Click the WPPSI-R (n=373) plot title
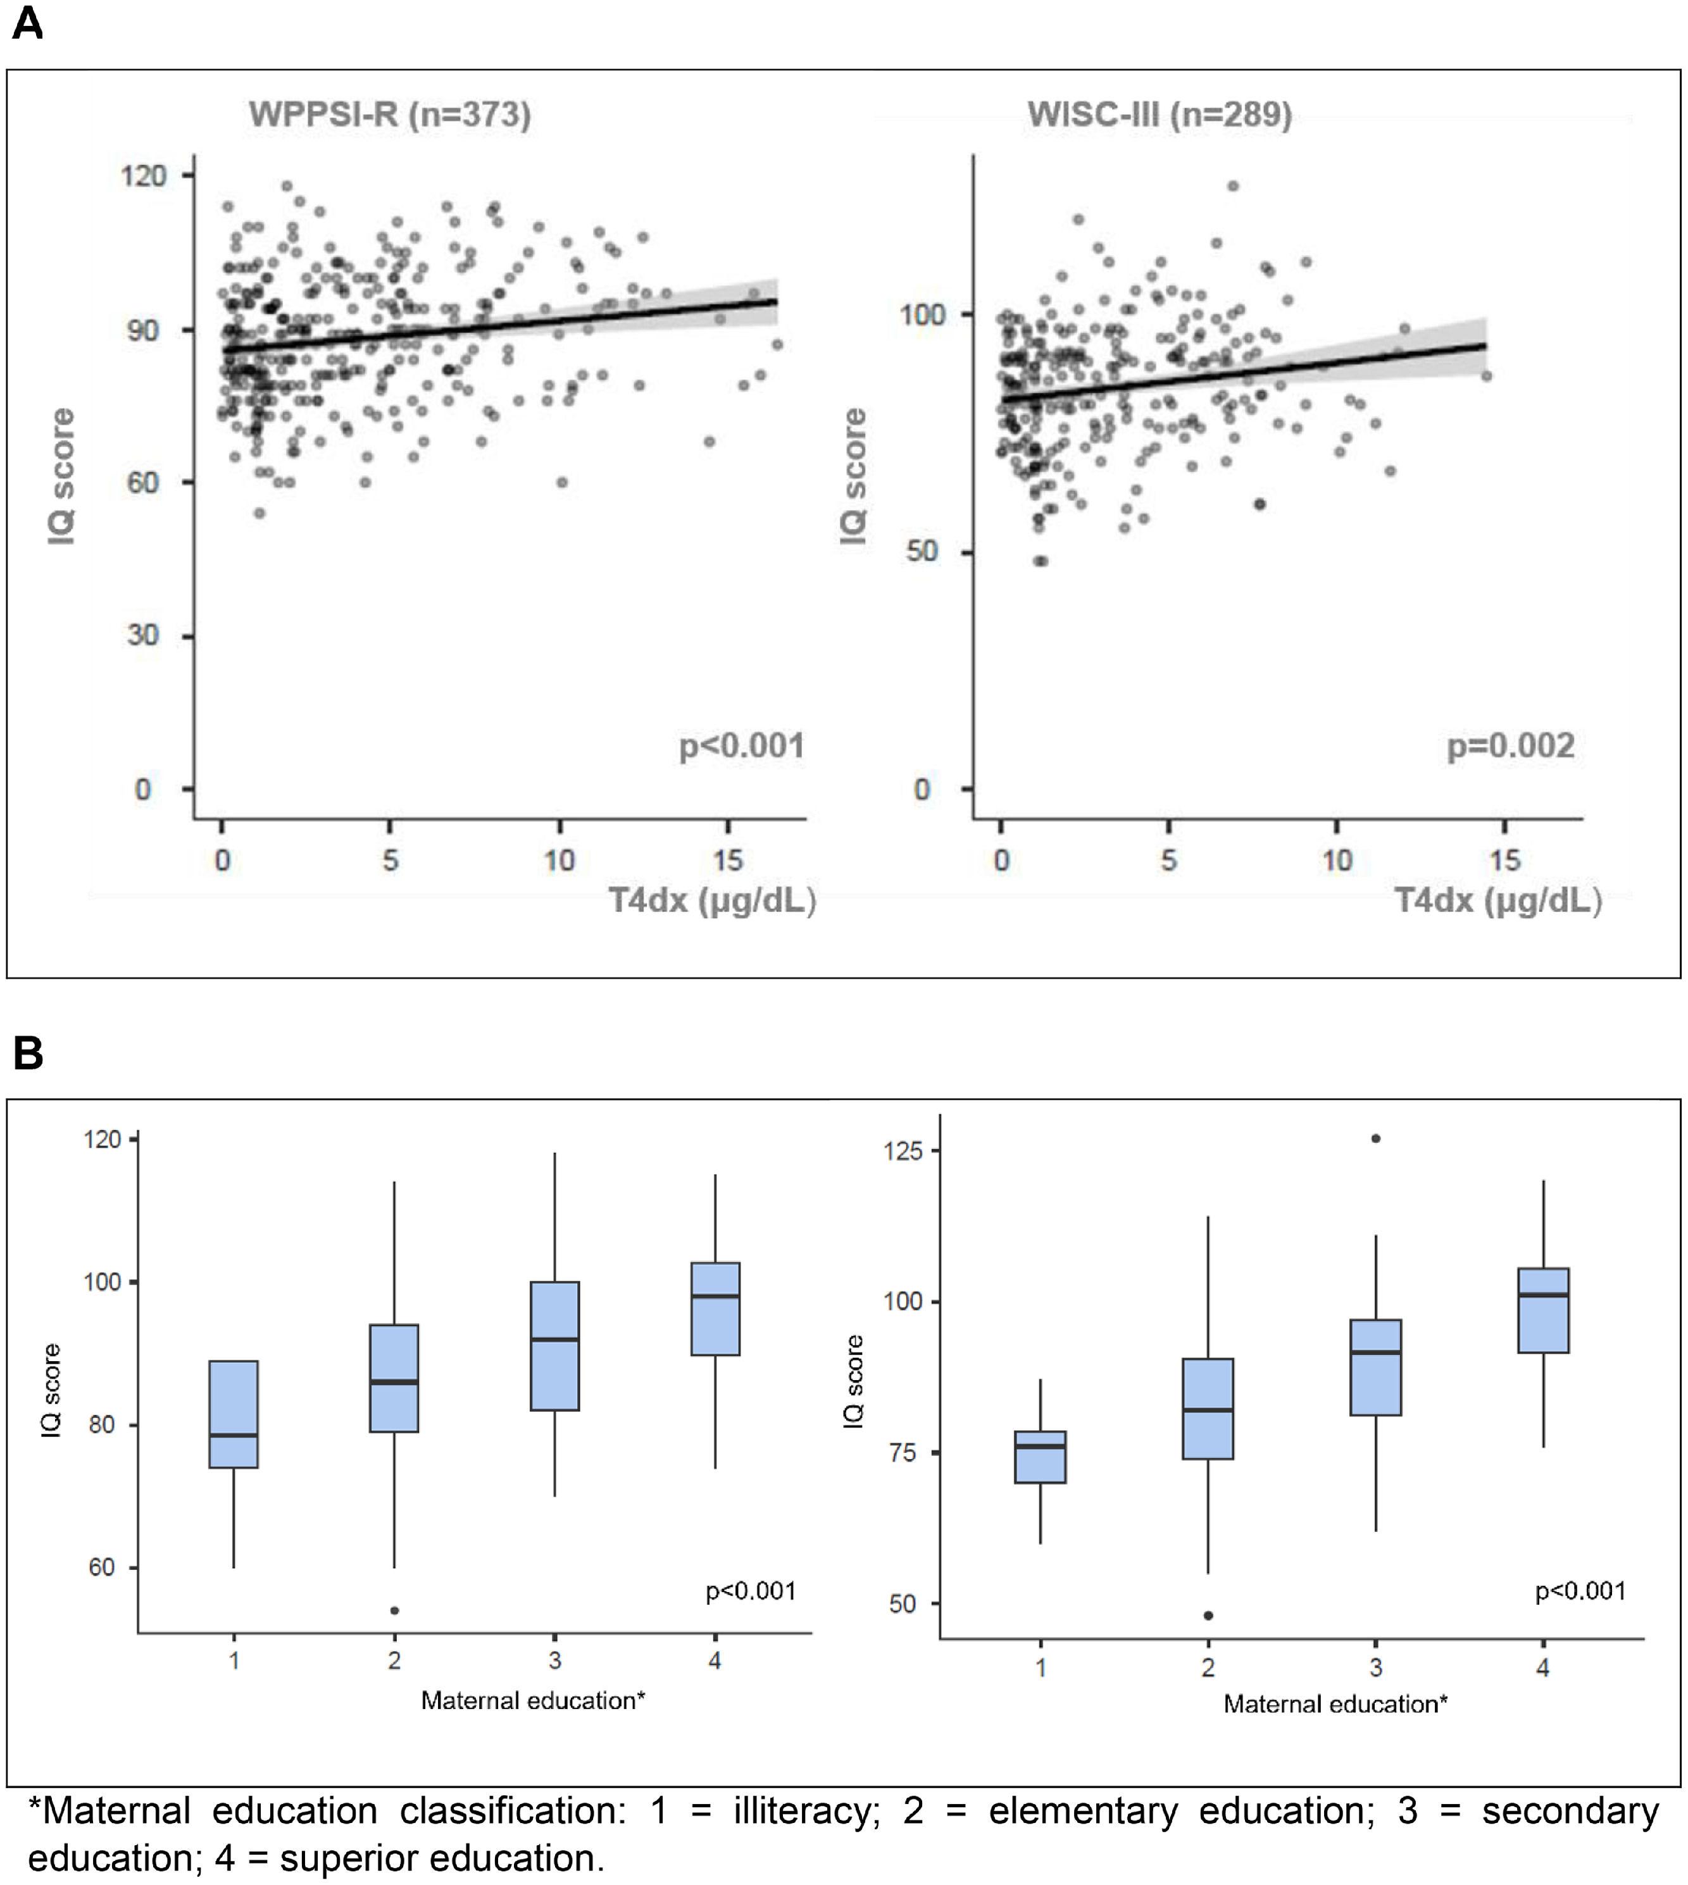tap(389, 115)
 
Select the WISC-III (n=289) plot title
tap(1160, 115)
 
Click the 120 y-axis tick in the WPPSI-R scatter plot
tap(144, 175)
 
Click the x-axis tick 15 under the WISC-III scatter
tap(1504, 861)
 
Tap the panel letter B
tap(28, 1054)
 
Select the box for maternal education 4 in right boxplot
tap(1543, 1310)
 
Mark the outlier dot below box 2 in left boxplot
tap(394, 1610)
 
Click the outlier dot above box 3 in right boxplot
tap(1375, 1138)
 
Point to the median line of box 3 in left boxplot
tap(554, 1339)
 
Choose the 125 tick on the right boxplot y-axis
tap(903, 1150)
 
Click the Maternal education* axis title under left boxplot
tap(532, 1700)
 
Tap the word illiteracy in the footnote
tap(805, 1811)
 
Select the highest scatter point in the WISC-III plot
tap(1232, 185)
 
